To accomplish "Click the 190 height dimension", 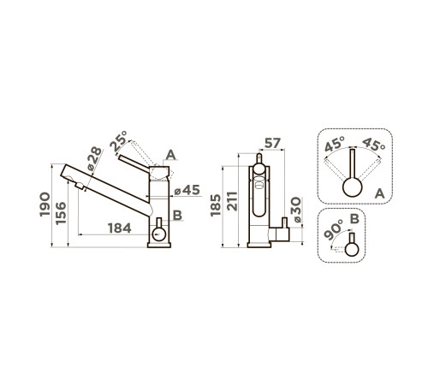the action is point(45,204).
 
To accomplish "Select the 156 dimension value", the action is point(61,213).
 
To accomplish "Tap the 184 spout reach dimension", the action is point(120,228).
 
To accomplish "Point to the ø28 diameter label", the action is point(94,158).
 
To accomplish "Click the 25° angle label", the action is point(118,141).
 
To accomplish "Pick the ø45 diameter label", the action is point(187,190).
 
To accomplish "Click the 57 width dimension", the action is point(272,143).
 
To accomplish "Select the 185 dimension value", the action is point(216,205).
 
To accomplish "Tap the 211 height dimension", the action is point(232,201).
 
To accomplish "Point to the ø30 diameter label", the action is point(297,210).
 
